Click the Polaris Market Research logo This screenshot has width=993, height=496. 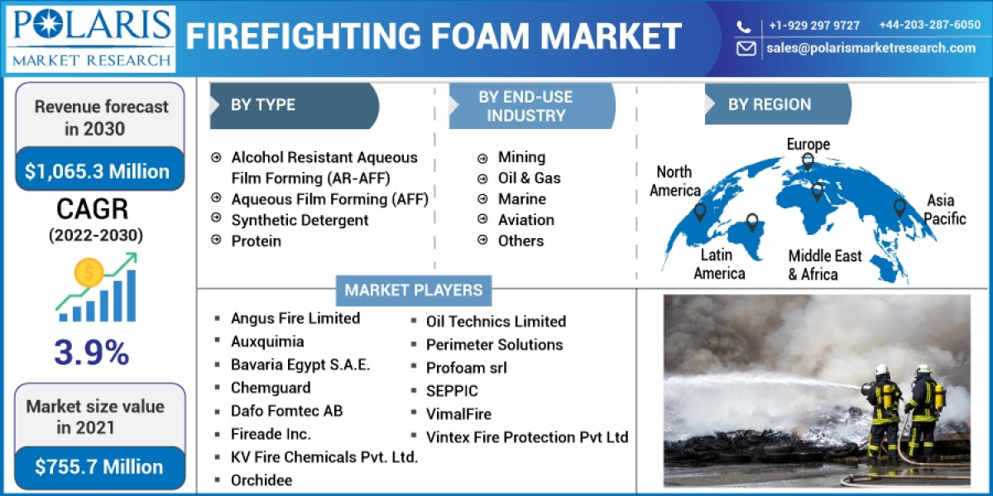(x=90, y=38)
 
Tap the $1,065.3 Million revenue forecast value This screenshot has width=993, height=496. (x=97, y=171)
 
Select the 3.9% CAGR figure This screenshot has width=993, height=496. (x=92, y=353)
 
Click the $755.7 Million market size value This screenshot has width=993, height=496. (x=99, y=466)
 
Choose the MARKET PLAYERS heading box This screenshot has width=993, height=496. (x=413, y=290)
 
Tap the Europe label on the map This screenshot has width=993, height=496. (x=808, y=145)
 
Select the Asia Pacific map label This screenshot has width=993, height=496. (x=944, y=209)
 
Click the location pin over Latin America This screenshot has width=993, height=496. (x=751, y=222)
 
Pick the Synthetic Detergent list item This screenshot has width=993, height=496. (x=300, y=220)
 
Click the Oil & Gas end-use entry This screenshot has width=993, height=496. (x=529, y=178)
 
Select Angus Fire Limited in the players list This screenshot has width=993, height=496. (x=295, y=318)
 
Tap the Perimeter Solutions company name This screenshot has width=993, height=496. (x=494, y=345)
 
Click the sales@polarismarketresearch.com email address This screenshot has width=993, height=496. (x=871, y=48)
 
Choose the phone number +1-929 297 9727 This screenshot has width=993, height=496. (x=813, y=25)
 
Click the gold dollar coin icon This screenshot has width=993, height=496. (x=88, y=272)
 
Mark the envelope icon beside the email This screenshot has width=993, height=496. (x=746, y=48)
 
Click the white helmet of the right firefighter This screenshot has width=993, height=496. (x=923, y=370)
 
